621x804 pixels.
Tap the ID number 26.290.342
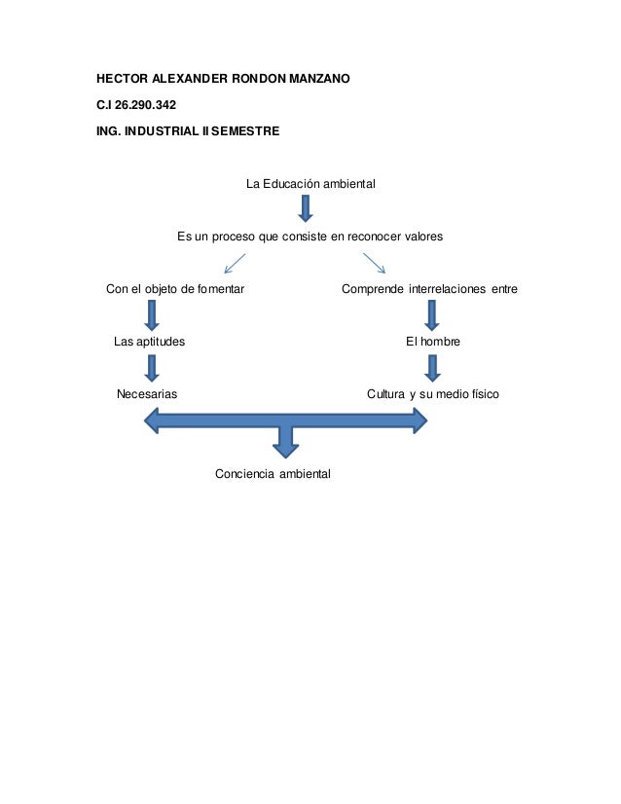point(145,104)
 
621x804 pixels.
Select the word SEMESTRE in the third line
point(245,131)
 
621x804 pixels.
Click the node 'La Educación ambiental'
point(310,184)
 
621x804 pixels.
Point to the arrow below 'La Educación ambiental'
point(306,208)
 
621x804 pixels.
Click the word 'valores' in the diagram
point(423,237)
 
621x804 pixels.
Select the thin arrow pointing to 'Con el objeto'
point(235,263)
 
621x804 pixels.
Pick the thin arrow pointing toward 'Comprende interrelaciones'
point(375,263)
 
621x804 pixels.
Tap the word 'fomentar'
point(221,289)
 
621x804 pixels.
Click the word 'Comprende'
point(373,289)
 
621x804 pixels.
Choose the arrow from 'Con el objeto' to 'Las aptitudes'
point(152,314)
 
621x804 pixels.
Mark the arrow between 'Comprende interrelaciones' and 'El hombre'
point(432,314)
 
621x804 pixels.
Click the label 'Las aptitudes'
point(149,342)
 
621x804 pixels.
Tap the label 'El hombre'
point(433,342)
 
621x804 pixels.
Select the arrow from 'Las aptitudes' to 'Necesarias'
point(152,368)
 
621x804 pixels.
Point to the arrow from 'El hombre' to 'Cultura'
point(433,368)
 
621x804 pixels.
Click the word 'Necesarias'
point(147,394)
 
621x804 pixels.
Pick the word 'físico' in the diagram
point(486,394)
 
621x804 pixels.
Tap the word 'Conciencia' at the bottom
point(244,474)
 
